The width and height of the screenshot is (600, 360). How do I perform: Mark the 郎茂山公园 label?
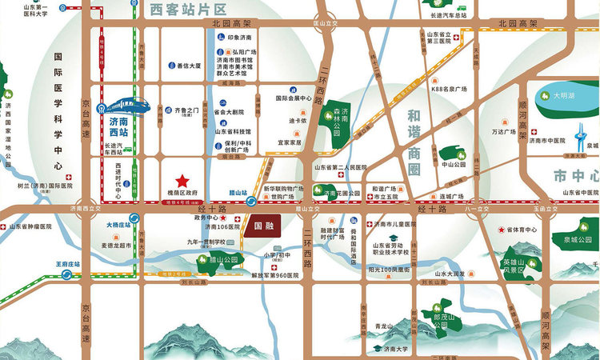(x=436, y=320)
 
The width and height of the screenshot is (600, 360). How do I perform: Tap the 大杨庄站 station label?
(x=118, y=226)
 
